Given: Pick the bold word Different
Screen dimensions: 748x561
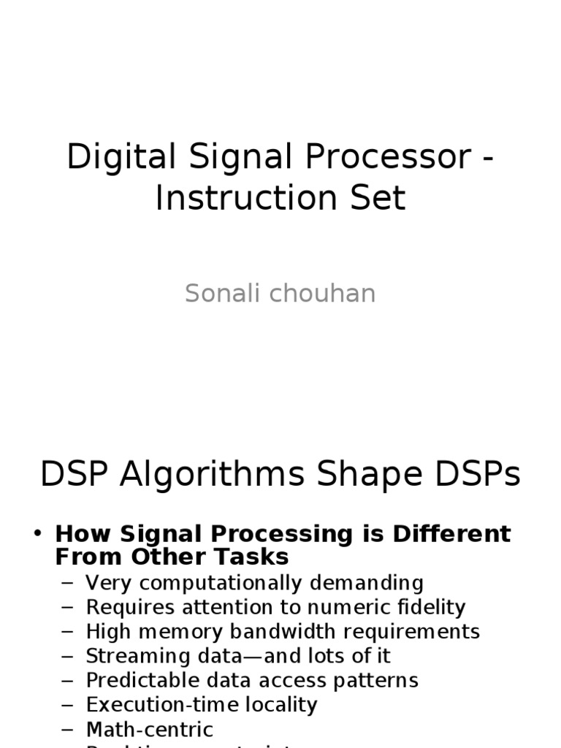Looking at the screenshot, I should coord(452,534).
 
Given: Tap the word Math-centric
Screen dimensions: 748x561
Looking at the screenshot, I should coord(149,729).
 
